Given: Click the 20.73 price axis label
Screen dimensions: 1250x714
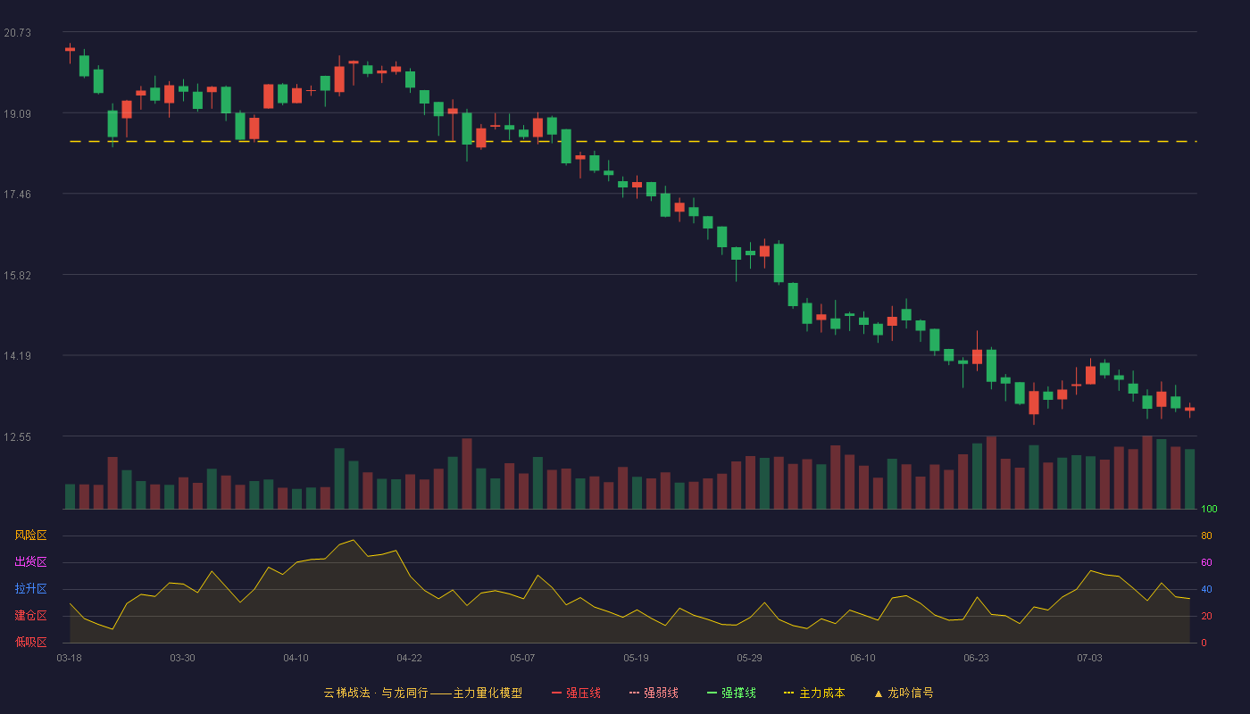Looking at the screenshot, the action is pos(17,33).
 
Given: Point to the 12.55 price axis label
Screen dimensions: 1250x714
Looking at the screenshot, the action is pos(17,436).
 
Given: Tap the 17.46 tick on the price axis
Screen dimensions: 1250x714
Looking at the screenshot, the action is pos(17,195).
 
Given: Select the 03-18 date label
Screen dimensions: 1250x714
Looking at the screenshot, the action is pos(70,658).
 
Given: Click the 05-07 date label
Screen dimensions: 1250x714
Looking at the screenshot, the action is pos(522,658).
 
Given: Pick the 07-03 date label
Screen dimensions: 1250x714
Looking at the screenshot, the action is pos(1089,658).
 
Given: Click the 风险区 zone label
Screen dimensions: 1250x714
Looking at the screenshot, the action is pos(30,535).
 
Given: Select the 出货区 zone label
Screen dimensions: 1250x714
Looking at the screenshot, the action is pos(30,561).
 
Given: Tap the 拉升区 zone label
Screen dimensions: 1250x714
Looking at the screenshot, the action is pos(30,588).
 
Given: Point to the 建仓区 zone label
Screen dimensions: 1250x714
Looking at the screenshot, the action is pos(30,615).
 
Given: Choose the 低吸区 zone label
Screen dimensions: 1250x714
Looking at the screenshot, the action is pos(30,642).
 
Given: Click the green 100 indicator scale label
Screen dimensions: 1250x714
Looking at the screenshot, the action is pos(1209,509).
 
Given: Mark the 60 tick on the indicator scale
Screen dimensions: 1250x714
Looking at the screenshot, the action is pos(1206,562).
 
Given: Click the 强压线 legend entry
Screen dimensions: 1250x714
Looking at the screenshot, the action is pos(577,693).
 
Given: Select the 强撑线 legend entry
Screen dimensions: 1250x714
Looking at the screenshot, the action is pos(731,693).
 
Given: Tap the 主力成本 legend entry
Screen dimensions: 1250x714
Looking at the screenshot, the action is pos(814,693).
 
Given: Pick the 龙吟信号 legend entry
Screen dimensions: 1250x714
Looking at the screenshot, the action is pos(904,693).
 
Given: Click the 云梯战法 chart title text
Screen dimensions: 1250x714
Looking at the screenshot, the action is pos(346,693).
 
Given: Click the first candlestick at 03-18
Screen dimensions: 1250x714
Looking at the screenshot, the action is pos(70,50).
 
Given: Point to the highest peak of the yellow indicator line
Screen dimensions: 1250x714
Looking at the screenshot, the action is pos(354,540).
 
